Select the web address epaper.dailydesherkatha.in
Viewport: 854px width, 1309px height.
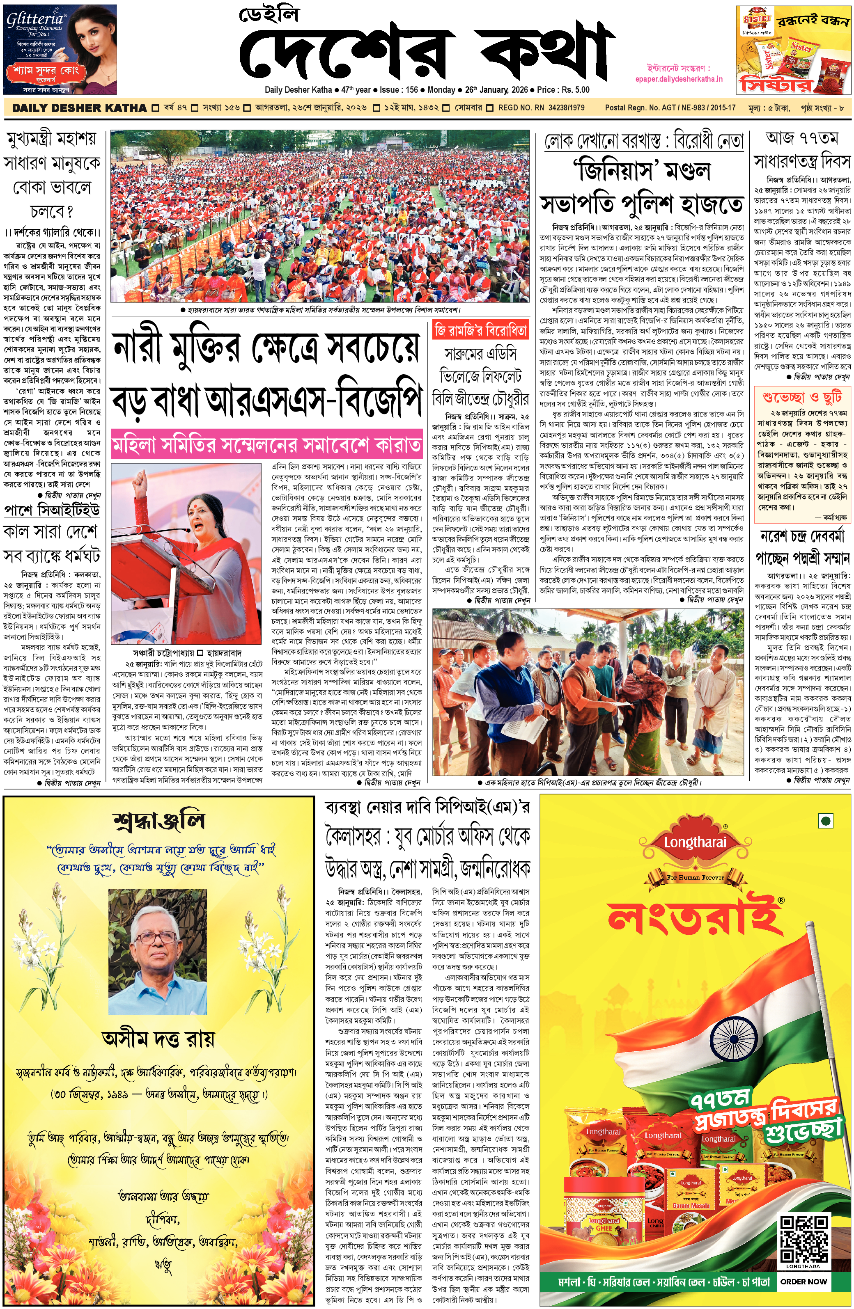tap(678, 79)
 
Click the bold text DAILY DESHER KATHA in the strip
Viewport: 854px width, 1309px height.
tap(79, 108)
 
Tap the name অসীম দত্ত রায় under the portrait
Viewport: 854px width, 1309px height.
tap(158, 1039)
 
